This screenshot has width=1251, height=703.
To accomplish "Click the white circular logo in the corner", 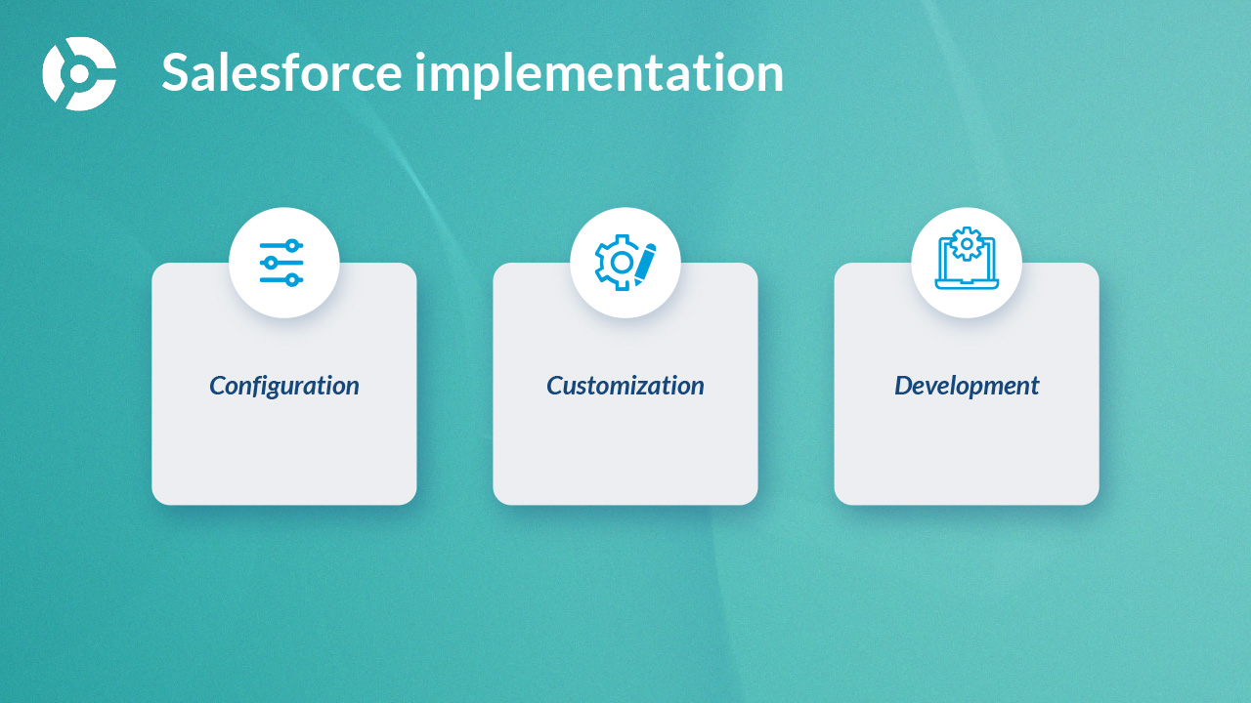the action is pos(79,73).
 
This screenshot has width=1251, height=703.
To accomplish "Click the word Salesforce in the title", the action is pos(282,72).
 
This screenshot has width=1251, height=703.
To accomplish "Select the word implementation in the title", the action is pos(599,75).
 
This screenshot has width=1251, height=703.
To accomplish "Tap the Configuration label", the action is pos(284,386).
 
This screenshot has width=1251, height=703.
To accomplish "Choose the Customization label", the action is pos(625,386).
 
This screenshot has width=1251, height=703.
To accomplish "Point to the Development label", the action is pos(967,386).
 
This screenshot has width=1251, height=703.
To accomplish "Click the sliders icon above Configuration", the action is pos(282,263).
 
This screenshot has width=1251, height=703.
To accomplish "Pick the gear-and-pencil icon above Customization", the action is pos(625,263).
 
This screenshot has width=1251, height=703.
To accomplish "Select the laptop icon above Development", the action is pos(967,259).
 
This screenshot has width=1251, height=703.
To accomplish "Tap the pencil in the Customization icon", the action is pos(645,265).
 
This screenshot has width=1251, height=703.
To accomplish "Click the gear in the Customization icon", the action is pos(617,263).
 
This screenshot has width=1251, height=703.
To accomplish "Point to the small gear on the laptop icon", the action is pos(967,244).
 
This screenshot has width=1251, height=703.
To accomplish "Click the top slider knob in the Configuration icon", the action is pos(292,245).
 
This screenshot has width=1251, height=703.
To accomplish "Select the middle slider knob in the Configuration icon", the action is pos(271,263).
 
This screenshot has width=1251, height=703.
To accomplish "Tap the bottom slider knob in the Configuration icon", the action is pos(292,280).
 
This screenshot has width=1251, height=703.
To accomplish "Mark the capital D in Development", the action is pos(905,386).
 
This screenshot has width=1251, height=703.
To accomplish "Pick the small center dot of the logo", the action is pos(79,74).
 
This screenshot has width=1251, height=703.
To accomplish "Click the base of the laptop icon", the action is pos(967,285).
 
